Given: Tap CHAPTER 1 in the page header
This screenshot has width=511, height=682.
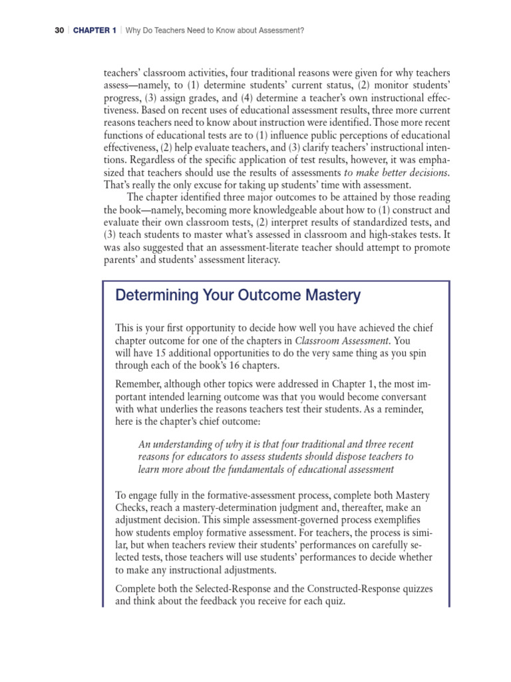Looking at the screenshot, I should (94, 31).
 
